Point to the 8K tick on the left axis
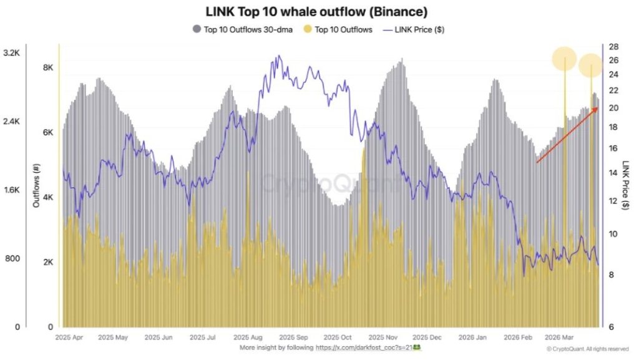pyautogui.click(x=47, y=68)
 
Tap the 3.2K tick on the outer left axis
pyautogui.click(x=11, y=54)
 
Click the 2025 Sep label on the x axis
pyautogui.click(x=294, y=337)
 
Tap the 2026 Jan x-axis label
pyautogui.click(x=473, y=337)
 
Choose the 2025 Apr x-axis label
pyautogui.click(x=70, y=337)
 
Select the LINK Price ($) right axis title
pyautogui.click(x=625, y=185)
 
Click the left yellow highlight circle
pyautogui.click(x=564, y=59)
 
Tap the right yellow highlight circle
pyautogui.click(x=590, y=66)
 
